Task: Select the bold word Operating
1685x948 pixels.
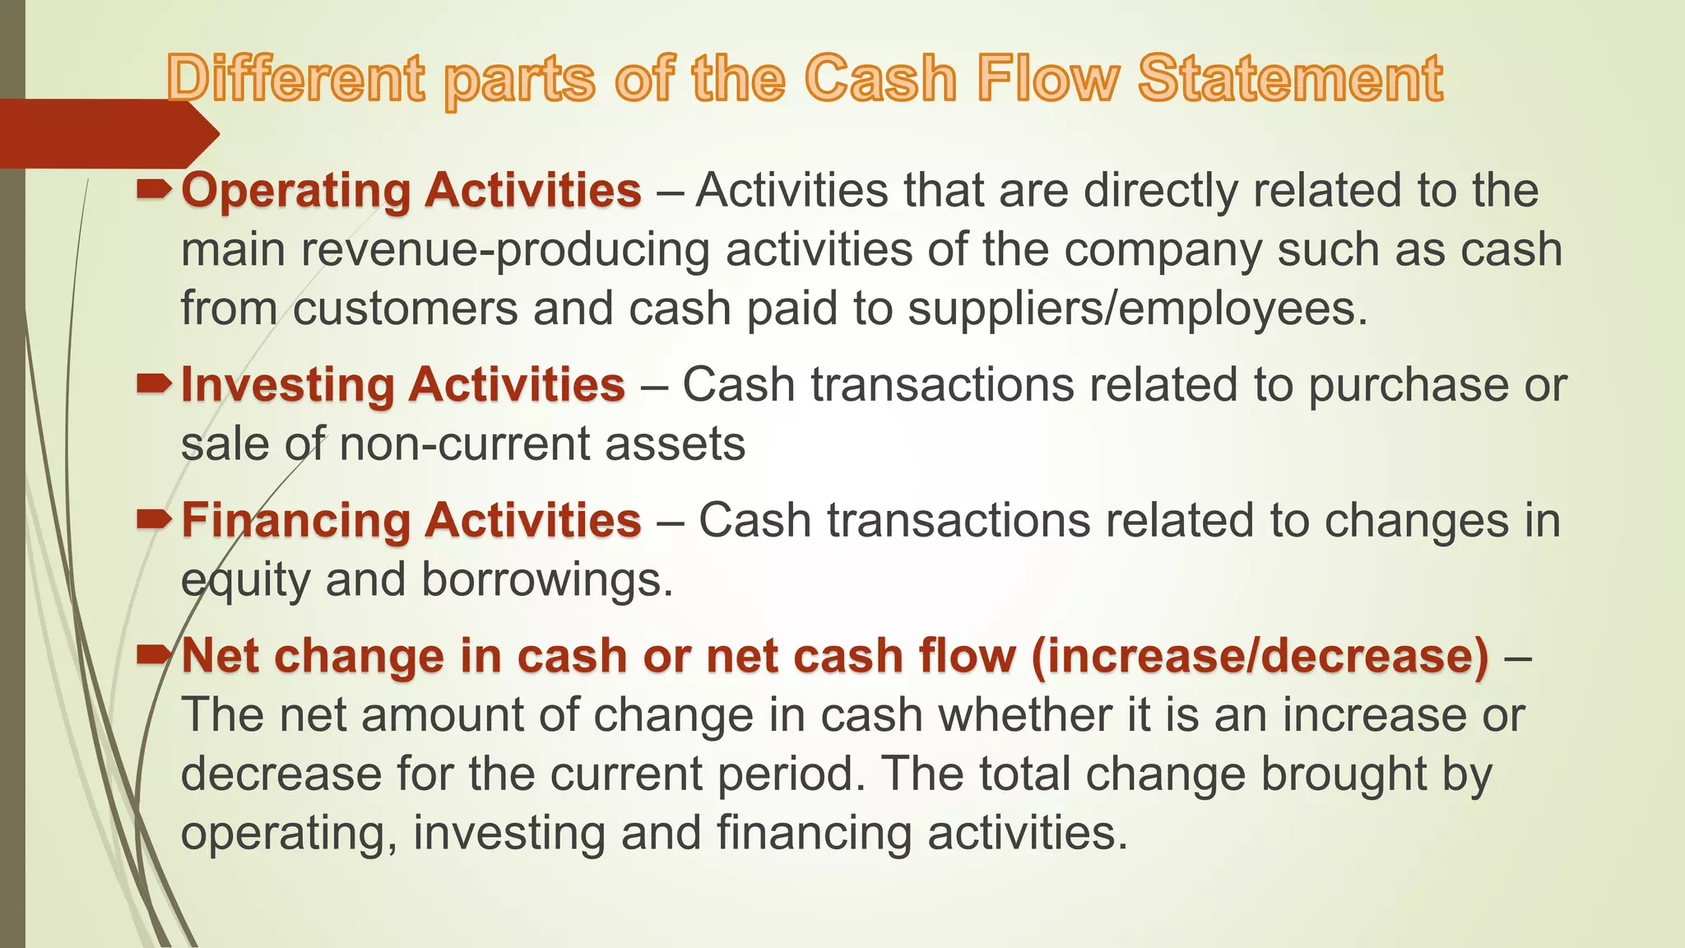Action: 295,192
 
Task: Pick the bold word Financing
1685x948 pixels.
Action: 295,521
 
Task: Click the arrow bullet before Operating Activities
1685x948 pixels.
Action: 154,191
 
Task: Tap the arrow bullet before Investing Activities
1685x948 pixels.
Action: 154,383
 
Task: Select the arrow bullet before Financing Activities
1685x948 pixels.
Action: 154,519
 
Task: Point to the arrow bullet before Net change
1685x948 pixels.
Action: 154,655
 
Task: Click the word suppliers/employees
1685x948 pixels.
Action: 1136,309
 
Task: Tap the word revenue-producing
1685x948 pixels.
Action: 504,250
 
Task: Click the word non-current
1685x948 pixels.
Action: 463,444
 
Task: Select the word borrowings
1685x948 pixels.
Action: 546,580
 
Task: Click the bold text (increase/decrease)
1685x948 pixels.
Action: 1260,657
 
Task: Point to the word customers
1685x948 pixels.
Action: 405,309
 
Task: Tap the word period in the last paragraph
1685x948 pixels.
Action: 791,775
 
